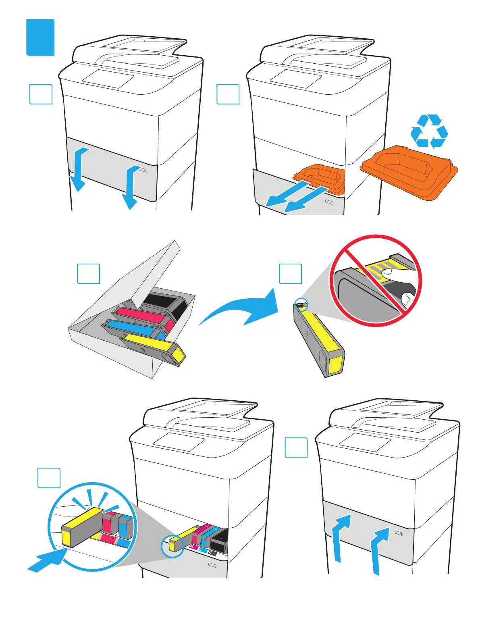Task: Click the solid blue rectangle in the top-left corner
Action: click(x=40, y=37)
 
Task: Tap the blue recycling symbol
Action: click(x=429, y=131)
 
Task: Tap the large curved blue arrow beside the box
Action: click(x=242, y=310)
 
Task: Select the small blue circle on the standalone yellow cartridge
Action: click(x=301, y=305)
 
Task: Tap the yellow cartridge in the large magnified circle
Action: click(x=83, y=526)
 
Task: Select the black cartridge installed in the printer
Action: click(x=219, y=542)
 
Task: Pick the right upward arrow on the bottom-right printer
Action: click(x=379, y=552)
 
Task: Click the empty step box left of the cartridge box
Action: click(x=88, y=274)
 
